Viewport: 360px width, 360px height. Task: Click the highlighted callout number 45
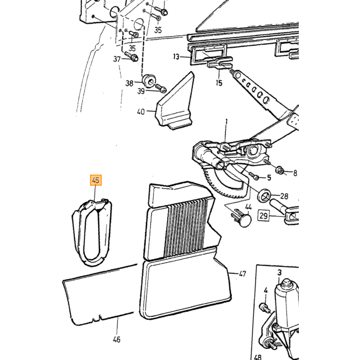(96, 180)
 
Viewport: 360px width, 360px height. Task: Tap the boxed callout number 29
(263, 216)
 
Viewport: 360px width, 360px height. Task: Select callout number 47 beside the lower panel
(242, 274)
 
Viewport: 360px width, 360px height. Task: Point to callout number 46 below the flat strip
(117, 339)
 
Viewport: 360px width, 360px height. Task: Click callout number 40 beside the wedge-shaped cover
(141, 112)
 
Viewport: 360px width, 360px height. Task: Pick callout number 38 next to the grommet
(130, 83)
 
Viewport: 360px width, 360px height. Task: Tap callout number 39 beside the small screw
(141, 91)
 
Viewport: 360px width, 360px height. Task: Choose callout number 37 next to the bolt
(117, 59)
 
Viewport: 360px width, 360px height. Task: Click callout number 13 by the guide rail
(176, 57)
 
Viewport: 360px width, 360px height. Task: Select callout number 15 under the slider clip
(219, 83)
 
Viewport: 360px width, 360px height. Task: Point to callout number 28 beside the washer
(284, 196)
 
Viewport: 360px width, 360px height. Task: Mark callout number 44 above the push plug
(248, 207)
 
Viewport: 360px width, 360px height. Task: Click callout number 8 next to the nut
(295, 173)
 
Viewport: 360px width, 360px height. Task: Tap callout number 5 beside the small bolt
(269, 177)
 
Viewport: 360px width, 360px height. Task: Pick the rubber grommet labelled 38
(149, 80)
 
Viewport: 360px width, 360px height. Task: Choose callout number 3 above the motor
(279, 273)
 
